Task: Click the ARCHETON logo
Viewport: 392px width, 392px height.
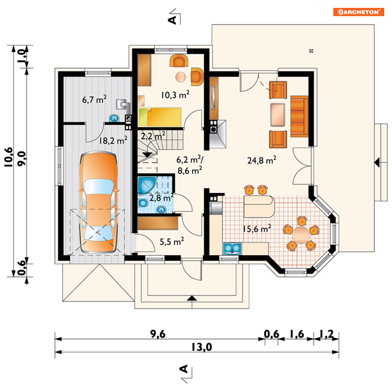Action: (x=359, y=12)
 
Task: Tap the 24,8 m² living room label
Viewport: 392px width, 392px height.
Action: (x=262, y=160)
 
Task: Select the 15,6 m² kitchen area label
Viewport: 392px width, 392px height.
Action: (x=257, y=229)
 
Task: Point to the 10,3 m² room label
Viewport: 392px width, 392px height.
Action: (x=175, y=95)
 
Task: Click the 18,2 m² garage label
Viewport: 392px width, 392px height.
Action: (x=113, y=140)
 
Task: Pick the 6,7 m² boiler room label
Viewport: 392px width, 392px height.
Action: (x=94, y=99)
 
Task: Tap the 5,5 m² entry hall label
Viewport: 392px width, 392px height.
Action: (x=172, y=242)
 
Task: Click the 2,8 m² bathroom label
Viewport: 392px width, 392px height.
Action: (x=162, y=198)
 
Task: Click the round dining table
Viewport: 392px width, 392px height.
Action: (x=301, y=235)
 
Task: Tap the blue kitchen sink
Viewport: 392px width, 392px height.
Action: (x=232, y=248)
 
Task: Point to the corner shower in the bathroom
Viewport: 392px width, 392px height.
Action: (x=147, y=185)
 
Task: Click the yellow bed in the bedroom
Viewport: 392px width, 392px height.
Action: (x=160, y=117)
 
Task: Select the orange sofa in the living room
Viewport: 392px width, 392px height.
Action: (x=299, y=116)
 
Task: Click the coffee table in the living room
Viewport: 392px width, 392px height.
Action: (x=277, y=115)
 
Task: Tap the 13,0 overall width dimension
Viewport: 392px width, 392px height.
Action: (x=202, y=347)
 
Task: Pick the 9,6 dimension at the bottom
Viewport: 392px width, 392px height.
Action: (x=158, y=334)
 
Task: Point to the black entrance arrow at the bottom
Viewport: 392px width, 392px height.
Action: (x=192, y=298)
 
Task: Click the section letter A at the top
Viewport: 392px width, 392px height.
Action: (x=173, y=19)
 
